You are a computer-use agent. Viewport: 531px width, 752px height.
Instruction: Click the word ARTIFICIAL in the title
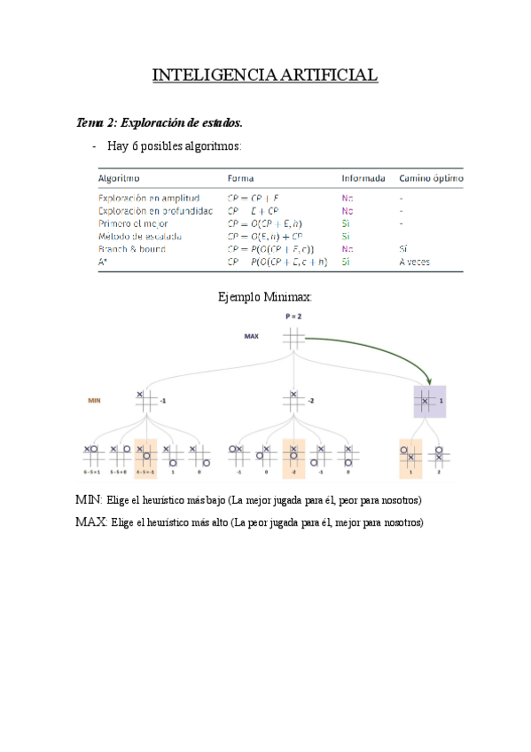(x=329, y=75)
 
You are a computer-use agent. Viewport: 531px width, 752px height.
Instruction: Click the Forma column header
(x=241, y=177)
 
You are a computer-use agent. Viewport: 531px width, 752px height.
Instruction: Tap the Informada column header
(x=363, y=177)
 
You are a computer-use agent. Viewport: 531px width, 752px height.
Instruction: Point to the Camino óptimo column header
(x=430, y=177)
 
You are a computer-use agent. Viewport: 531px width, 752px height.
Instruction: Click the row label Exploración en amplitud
(x=148, y=199)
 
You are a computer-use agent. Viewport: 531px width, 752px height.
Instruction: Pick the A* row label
(x=103, y=262)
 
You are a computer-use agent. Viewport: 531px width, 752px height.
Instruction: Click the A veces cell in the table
(x=414, y=262)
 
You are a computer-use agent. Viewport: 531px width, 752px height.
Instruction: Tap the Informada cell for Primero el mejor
(x=346, y=224)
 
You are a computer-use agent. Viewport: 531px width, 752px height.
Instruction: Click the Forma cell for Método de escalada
(x=265, y=237)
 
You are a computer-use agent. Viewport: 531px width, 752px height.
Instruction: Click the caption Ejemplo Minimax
(x=265, y=297)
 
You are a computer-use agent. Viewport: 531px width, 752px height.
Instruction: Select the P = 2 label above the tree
(x=293, y=316)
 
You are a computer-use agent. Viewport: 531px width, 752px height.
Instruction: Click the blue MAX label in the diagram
(x=252, y=337)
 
